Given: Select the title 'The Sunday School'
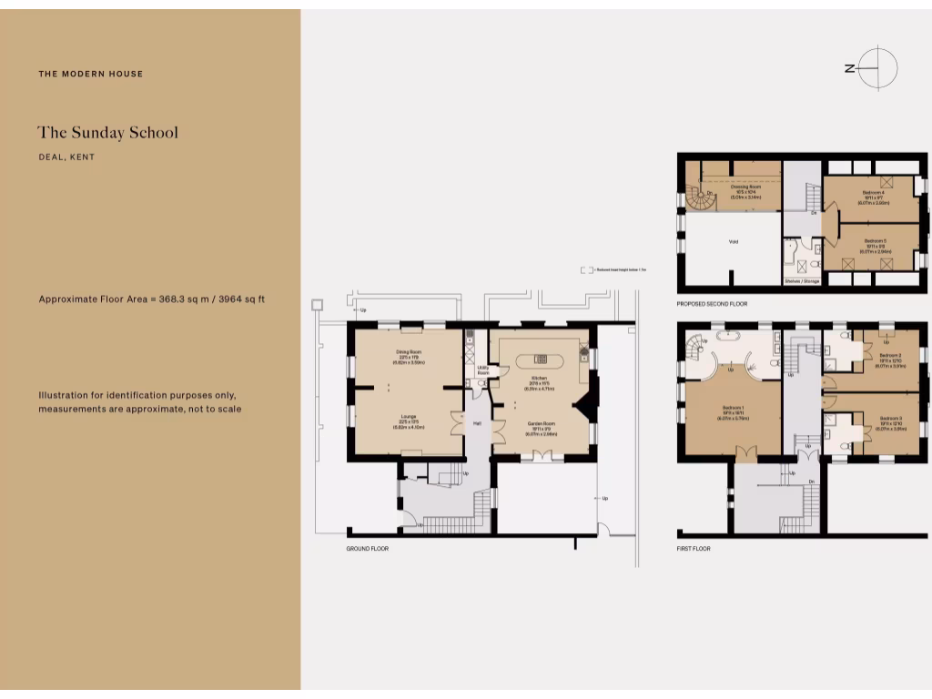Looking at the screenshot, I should click(x=107, y=132).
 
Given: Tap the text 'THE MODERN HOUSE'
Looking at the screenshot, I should click(x=90, y=74).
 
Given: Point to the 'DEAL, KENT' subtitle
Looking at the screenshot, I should click(x=66, y=157).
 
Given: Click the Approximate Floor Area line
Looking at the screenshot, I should click(x=151, y=299).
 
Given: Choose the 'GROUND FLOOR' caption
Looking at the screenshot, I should click(x=367, y=550).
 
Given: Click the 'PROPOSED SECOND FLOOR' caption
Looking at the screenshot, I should click(x=712, y=303).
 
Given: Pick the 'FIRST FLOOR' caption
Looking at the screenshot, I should click(x=694, y=550).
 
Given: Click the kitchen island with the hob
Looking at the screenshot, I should click(x=539, y=360).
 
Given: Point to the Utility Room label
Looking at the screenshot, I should click(x=483, y=370).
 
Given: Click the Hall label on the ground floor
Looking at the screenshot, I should click(x=476, y=424).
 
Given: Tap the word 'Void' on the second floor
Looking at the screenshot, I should click(x=733, y=243).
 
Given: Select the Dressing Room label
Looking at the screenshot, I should click(x=745, y=187).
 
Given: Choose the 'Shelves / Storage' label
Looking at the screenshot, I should click(x=802, y=281).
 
